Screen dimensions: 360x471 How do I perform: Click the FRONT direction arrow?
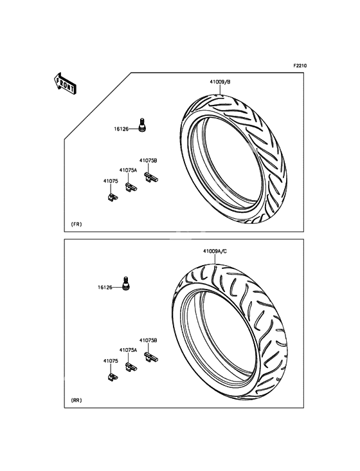[x=65, y=84]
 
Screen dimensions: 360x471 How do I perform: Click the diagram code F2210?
[x=300, y=66]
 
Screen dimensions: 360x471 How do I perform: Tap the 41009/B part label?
[x=220, y=82]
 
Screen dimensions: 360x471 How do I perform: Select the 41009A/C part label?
[x=215, y=251]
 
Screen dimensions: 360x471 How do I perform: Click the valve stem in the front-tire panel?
[x=142, y=125]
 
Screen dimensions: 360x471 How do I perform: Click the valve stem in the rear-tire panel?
[x=126, y=284]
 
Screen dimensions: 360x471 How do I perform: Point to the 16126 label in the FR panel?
[x=121, y=129]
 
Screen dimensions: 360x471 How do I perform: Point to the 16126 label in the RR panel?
[x=105, y=288]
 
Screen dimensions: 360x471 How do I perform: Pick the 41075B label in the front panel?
[x=148, y=161]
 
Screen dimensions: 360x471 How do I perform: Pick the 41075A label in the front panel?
[x=128, y=170]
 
